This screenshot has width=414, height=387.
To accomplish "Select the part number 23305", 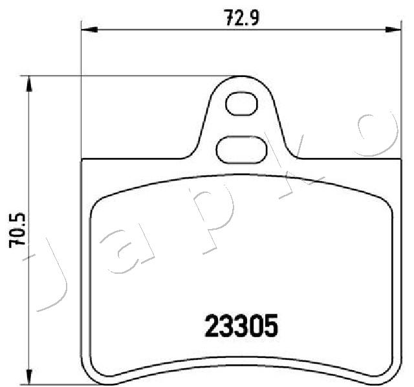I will [241, 325].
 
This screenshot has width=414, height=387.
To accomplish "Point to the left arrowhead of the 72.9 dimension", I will [88, 28].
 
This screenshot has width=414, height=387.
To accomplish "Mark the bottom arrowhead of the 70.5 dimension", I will [28, 377].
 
